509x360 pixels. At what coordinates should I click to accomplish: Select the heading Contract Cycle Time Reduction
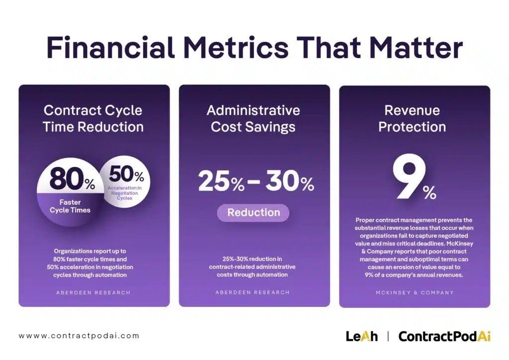coord(93,118)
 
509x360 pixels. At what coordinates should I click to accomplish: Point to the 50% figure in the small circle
coord(126,175)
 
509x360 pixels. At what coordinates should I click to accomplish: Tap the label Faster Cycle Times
coord(70,206)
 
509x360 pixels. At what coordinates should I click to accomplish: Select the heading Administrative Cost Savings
coord(254,118)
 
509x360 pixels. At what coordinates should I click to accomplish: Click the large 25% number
coord(221,182)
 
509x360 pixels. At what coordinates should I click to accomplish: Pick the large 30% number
coord(290,182)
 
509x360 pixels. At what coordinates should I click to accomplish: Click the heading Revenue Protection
coord(412,118)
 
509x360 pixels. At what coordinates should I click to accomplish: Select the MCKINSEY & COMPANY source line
coord(415,292)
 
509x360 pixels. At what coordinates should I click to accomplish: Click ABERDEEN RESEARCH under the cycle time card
coord(93,292)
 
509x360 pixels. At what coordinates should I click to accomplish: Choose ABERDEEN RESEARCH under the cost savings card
coord(253,292)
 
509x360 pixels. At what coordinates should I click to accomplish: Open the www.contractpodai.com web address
coord(79,336)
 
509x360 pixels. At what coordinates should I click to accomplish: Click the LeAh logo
coord(361,336)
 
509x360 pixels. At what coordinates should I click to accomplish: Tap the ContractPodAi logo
coord(444,336)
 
